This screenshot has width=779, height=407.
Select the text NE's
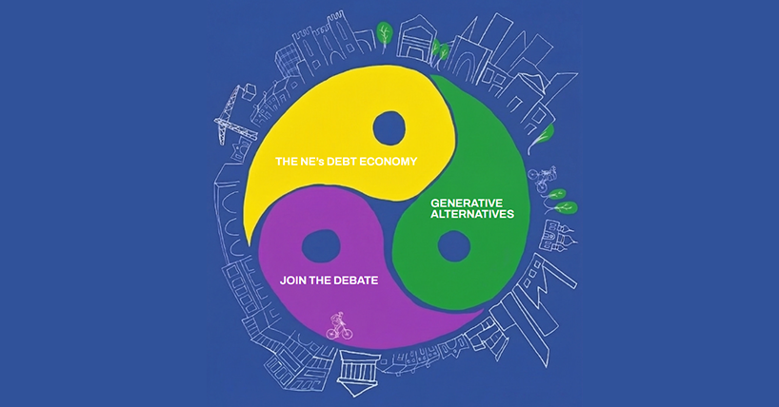click(311, 162)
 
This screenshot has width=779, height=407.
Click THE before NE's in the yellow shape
click(286, 162)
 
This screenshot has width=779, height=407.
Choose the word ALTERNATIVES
click(472, 214)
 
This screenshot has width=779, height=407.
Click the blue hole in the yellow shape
click(389, 128)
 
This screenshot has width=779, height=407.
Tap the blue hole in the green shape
click(453, 246)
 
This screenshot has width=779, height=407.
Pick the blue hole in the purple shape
click(321, 246)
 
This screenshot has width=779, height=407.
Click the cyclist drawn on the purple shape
click(339, 326)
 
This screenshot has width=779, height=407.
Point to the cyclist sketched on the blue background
click(542, 179)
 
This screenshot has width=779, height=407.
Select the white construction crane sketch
click(235, 114)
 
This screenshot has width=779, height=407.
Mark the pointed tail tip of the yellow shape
click(249, 244)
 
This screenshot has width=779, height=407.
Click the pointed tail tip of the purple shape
click(483, 311)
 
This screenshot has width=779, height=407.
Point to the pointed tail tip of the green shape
click(431, 76)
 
